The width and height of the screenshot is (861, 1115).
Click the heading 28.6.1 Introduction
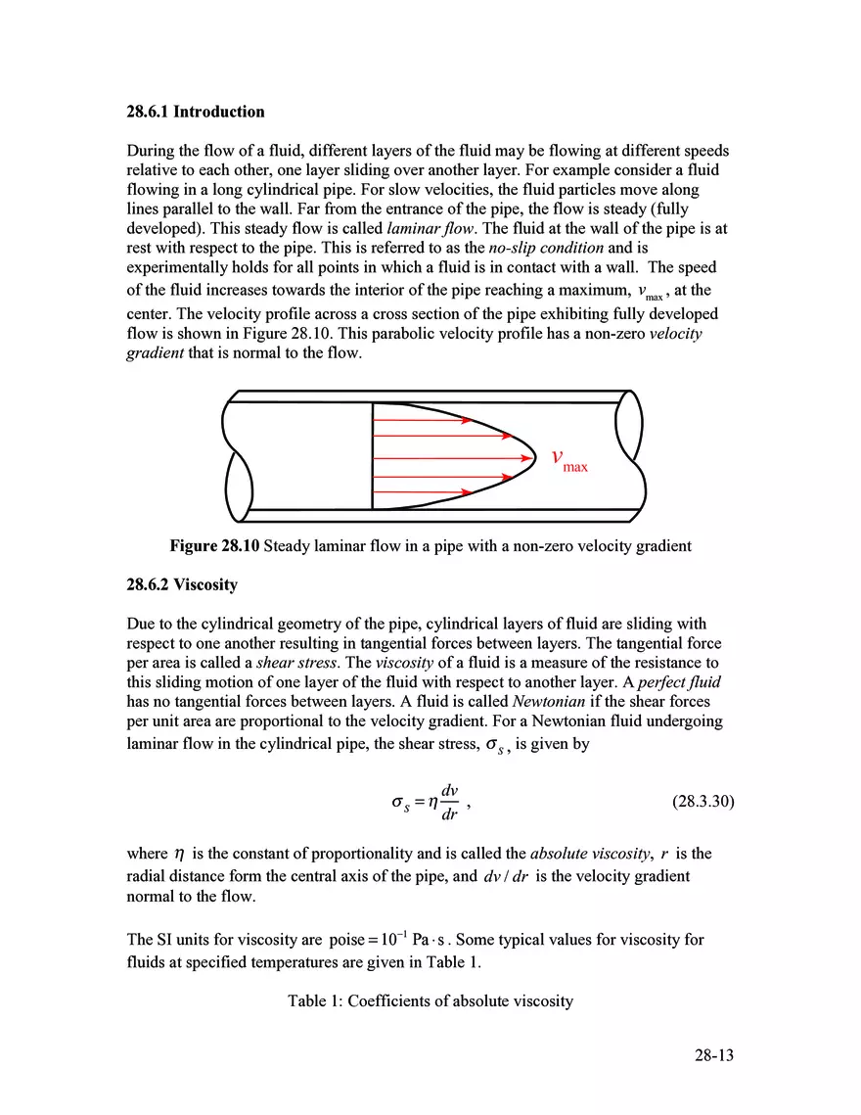point(196,112)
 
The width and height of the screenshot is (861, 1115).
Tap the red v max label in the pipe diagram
point(568,459)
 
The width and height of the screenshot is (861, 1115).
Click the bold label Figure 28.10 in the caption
point(214,546)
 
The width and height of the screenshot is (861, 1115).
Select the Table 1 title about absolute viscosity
point(430,1001)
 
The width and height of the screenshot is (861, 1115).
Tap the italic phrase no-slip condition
point(546,248)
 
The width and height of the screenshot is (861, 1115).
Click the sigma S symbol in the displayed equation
point(399,803)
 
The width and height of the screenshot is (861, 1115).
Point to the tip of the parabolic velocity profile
point(536,456)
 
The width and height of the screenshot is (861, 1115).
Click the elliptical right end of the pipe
point(629,420)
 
